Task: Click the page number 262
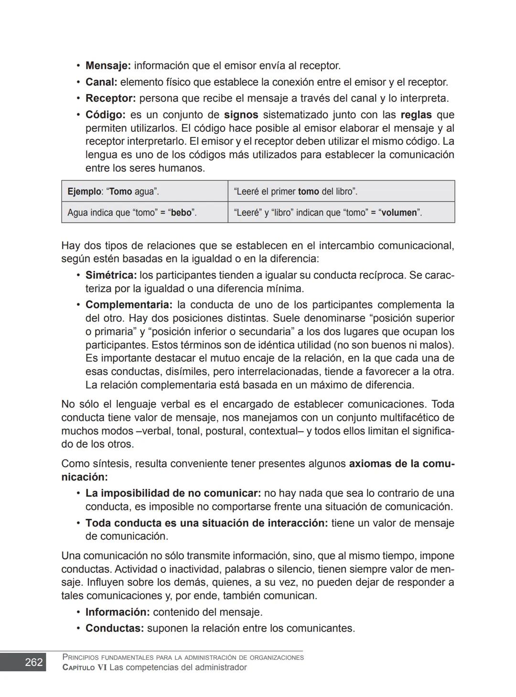click(x=33, y=662)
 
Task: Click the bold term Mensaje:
click(x=108, y=65)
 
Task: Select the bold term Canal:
click(x=101, y=82)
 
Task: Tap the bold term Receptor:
click(x=110, y=98)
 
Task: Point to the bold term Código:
click(x=105, y=115)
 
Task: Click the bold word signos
click(x=241, y=115)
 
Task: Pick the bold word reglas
click(x=416, y=115)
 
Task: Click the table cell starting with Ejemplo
click(x=144, y=192)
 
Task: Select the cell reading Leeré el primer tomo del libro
click(x=341, y=192)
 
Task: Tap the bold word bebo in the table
click(x=182, y=213)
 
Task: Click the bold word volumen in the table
click(x=399, y=213)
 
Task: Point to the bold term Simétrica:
click(x=111, y=275)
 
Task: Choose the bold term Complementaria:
click(x=129, y=305)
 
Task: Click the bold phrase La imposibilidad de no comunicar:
click(x=173, y=493)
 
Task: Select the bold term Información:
click(x=118, y=612)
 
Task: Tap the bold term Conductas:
click(x=114, y=628)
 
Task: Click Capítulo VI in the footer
click(x=85, y=667)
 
